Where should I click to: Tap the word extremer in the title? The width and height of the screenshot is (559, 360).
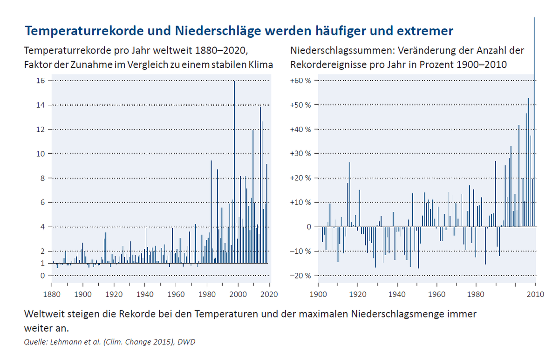425,31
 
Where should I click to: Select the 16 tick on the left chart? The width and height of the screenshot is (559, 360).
41,81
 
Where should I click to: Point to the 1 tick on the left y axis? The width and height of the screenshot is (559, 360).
43,263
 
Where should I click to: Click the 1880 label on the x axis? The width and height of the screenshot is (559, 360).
52,294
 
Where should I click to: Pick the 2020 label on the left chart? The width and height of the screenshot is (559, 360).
269,294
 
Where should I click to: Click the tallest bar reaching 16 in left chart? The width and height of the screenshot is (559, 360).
234,172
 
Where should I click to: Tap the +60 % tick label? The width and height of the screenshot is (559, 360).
301,81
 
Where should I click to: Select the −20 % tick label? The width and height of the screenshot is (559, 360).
301,276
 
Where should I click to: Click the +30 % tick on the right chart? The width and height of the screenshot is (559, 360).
301,154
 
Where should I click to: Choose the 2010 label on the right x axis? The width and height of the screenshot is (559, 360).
535,294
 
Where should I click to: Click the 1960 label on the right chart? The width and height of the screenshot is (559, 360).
436,294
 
